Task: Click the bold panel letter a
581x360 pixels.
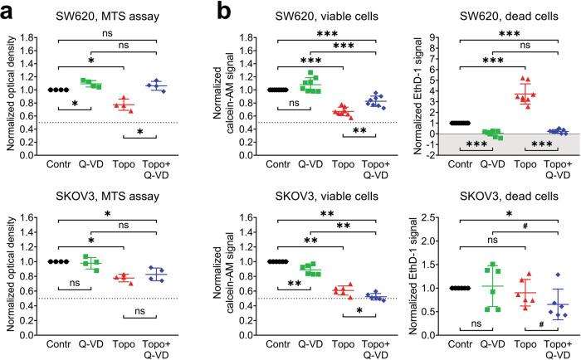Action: tap(11, 11)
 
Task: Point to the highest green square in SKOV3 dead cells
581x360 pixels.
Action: tap(494, 265)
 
